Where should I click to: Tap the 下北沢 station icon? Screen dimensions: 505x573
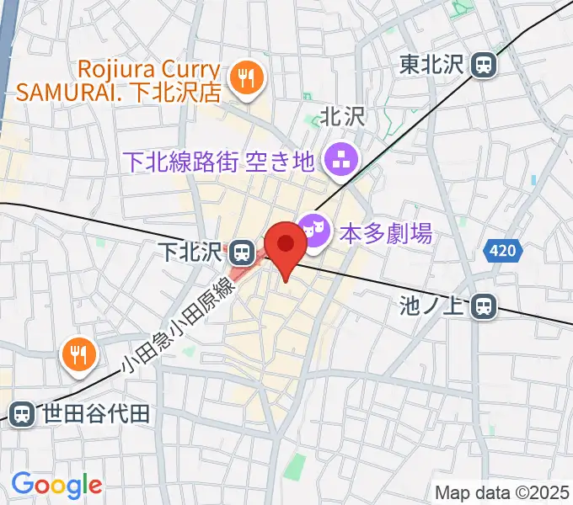coord(244,250)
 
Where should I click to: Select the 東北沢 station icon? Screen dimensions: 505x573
coord(484,65)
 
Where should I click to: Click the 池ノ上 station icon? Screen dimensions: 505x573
coord(484,306)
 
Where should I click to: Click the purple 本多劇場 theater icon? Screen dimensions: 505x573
coord(313,233)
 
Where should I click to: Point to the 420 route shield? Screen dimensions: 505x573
coord(503,250)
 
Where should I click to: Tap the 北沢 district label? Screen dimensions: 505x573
coord(343,117)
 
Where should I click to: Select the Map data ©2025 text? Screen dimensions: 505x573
coord(502,492)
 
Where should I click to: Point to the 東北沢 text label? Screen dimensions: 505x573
coord(431,65)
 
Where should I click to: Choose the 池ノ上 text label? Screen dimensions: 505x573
coord(431,306)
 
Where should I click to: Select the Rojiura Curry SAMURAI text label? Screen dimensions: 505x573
coord(152,80)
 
